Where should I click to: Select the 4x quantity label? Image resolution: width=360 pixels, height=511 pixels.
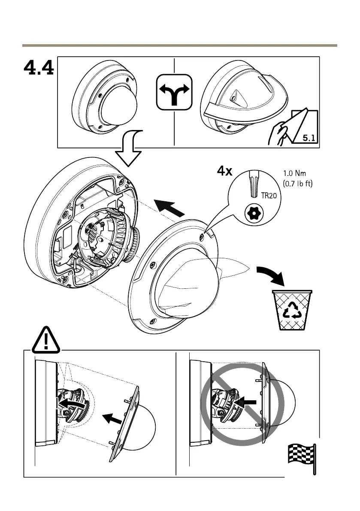point(224,172)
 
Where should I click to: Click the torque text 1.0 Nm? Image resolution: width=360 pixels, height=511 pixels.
point(295,175)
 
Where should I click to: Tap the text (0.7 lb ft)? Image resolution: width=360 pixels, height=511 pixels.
point(297,185)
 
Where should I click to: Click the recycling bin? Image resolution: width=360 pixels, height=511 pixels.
point(292,309)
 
